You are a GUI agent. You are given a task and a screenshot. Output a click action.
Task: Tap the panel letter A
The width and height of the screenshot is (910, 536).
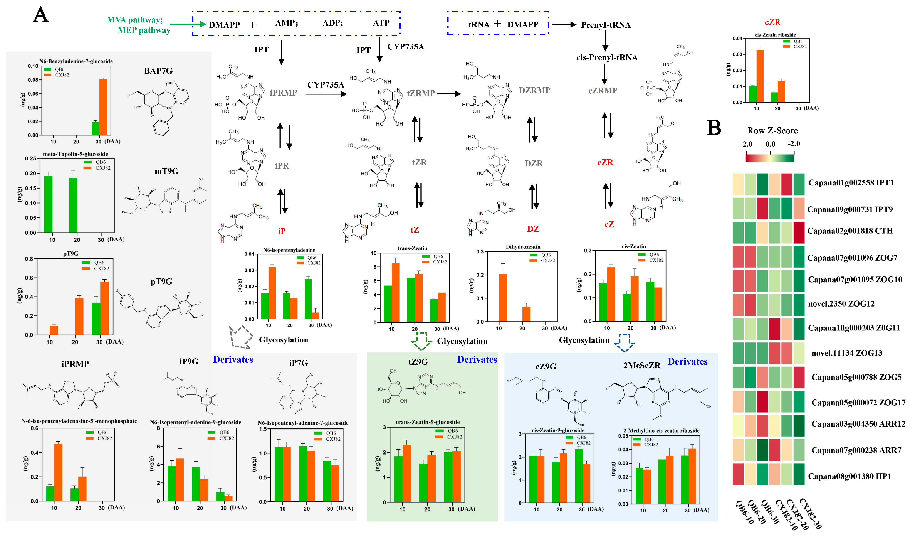pyautogui.click(x=40, y=15)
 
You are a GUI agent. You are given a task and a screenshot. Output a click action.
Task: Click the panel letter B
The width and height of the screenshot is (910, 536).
pyautogui.click(x=714, y=128)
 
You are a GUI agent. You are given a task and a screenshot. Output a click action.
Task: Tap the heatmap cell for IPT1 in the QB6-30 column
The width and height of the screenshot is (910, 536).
pyautogui.click(x=763, y=184)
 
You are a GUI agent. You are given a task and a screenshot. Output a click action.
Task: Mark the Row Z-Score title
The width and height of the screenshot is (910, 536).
pyautogui.click(x=772, y=131)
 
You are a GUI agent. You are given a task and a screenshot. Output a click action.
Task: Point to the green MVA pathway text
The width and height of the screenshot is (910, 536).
pyautogui.click(x=135, y=20)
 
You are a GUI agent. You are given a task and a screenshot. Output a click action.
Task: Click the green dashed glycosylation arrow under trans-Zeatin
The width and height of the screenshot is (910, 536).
pyautogui.click(x=421, y=340)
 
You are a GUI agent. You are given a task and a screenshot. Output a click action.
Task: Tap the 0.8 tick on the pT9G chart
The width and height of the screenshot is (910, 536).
pyautogui.click(x=29, y=259)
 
